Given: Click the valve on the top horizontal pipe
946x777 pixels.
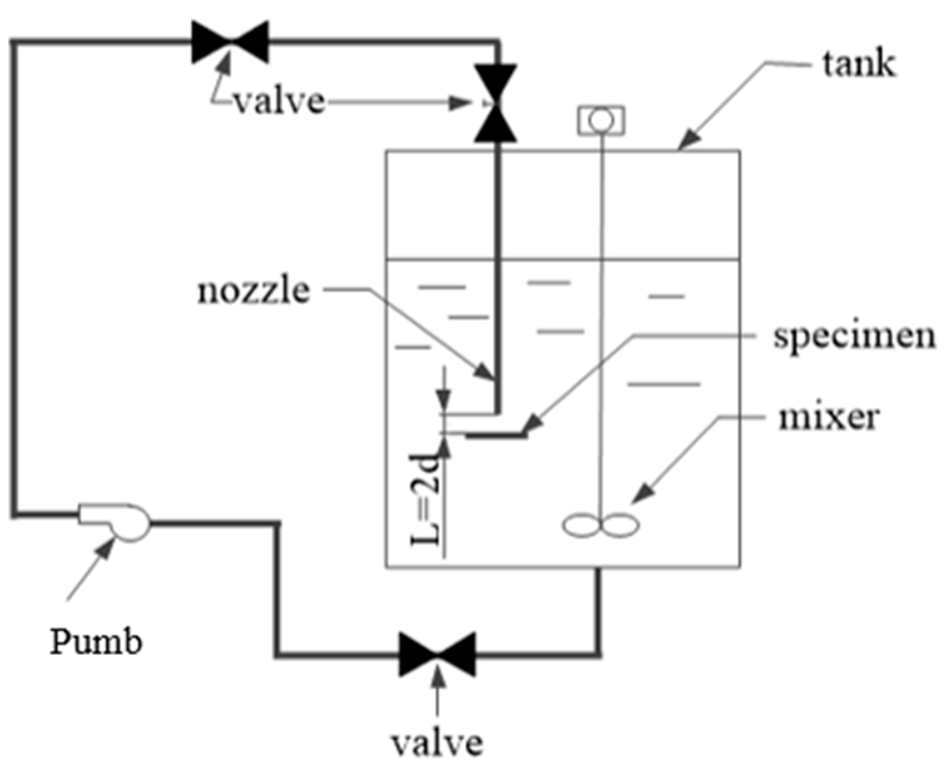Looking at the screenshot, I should [x=230, y=42].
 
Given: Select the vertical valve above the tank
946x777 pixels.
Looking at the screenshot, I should [x=496, y=103].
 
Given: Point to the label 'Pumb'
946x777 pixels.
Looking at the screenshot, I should [x=96, y=642].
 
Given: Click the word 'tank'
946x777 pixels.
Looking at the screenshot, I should [x=858, y=64].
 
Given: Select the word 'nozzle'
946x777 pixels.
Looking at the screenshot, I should [x=254, y=291].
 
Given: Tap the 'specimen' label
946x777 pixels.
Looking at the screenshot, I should [x=854, y=337].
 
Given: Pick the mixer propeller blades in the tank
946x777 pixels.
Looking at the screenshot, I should [x=600, y=525].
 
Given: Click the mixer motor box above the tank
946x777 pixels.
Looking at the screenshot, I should [x=600, y=120].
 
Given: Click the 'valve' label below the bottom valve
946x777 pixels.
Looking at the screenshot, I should [x=437, y=743].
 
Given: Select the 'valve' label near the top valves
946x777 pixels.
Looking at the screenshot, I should [x=280, y=101].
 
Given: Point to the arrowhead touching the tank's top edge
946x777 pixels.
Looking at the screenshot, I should [x=686, y=143].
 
